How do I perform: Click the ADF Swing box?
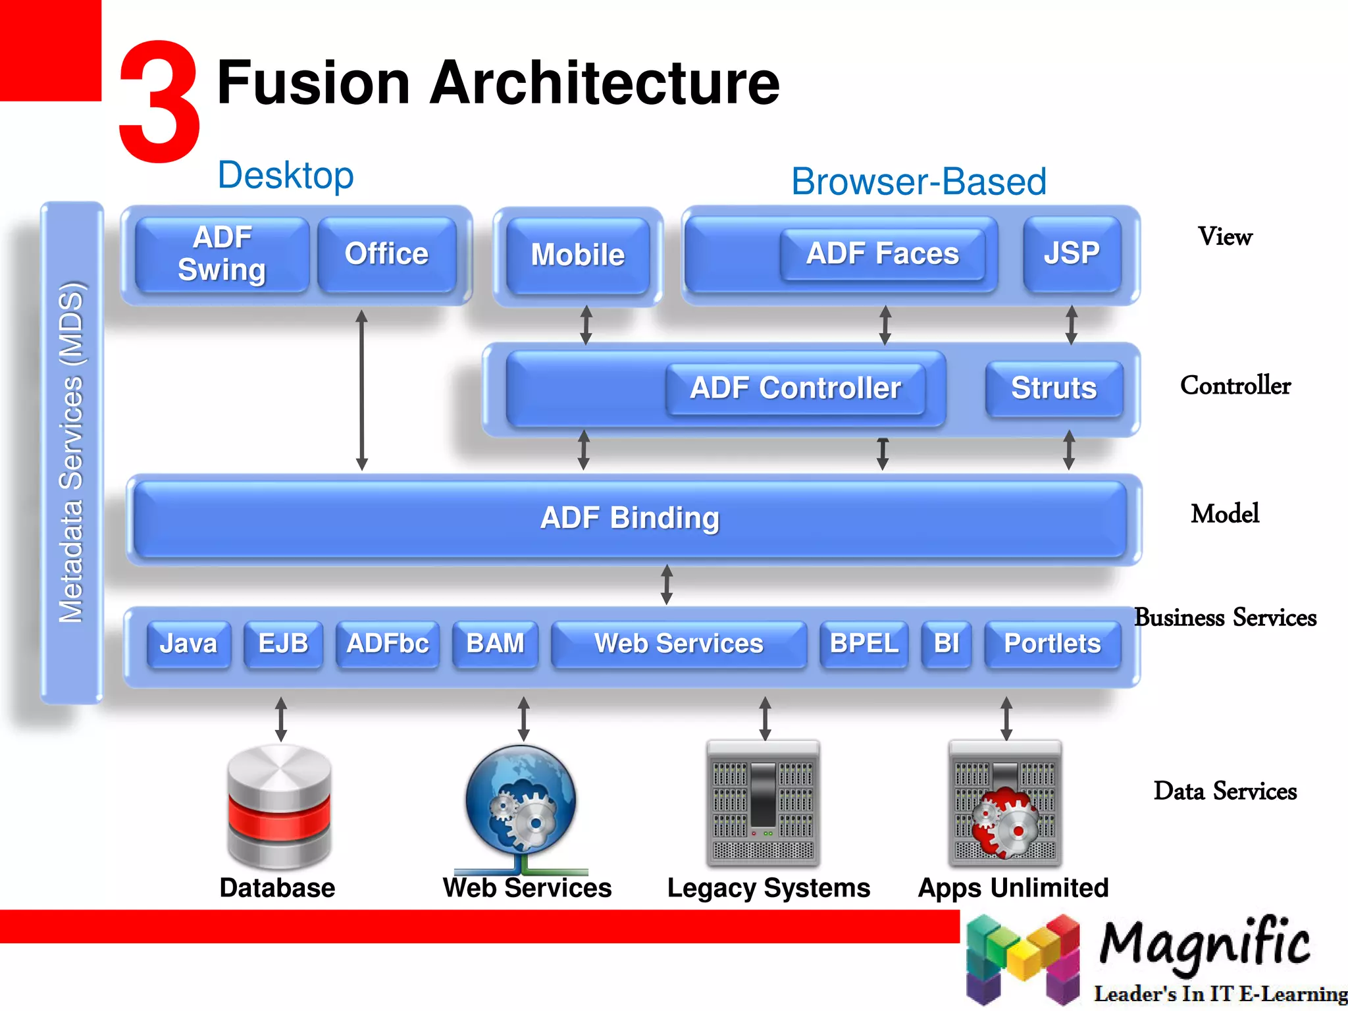point(222,254)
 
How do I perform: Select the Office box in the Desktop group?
point(387,254)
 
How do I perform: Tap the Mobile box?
point(578,255)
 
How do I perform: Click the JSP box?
point(1072,253)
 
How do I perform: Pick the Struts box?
point(1054,388)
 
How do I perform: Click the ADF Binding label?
point(630,518)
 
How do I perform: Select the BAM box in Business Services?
point(495,644)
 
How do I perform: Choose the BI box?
point(946,644)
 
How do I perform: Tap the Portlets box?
point(1052,644)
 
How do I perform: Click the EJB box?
point(283,644)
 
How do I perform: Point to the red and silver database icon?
point(279,806)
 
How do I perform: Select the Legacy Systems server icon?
point(764,803)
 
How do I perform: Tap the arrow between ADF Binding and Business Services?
point(667,584)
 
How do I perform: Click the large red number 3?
point(159,102)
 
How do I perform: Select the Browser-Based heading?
point(919,182)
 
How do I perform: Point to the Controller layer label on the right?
point(1235,386)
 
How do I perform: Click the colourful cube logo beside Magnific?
point(1022,958)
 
